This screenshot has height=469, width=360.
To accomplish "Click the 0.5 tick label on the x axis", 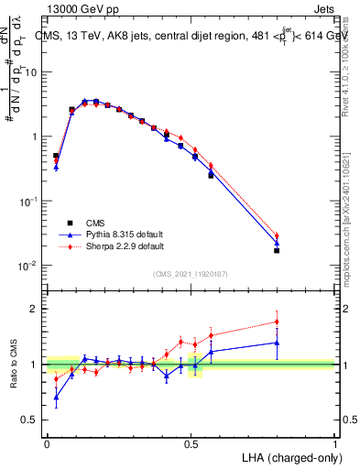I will point(191,443).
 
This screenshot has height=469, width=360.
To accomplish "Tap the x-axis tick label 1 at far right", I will point(335,443).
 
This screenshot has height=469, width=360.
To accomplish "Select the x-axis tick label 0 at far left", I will point(47,443).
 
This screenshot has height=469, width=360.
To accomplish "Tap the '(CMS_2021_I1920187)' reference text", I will point(191,274).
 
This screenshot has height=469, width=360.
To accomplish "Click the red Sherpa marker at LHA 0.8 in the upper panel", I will point(277,236).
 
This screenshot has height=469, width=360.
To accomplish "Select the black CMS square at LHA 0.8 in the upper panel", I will point(277,250).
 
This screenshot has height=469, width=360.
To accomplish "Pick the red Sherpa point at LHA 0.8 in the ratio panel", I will point(277,322).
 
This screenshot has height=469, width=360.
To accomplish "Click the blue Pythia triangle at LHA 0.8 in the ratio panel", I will point(277,343).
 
